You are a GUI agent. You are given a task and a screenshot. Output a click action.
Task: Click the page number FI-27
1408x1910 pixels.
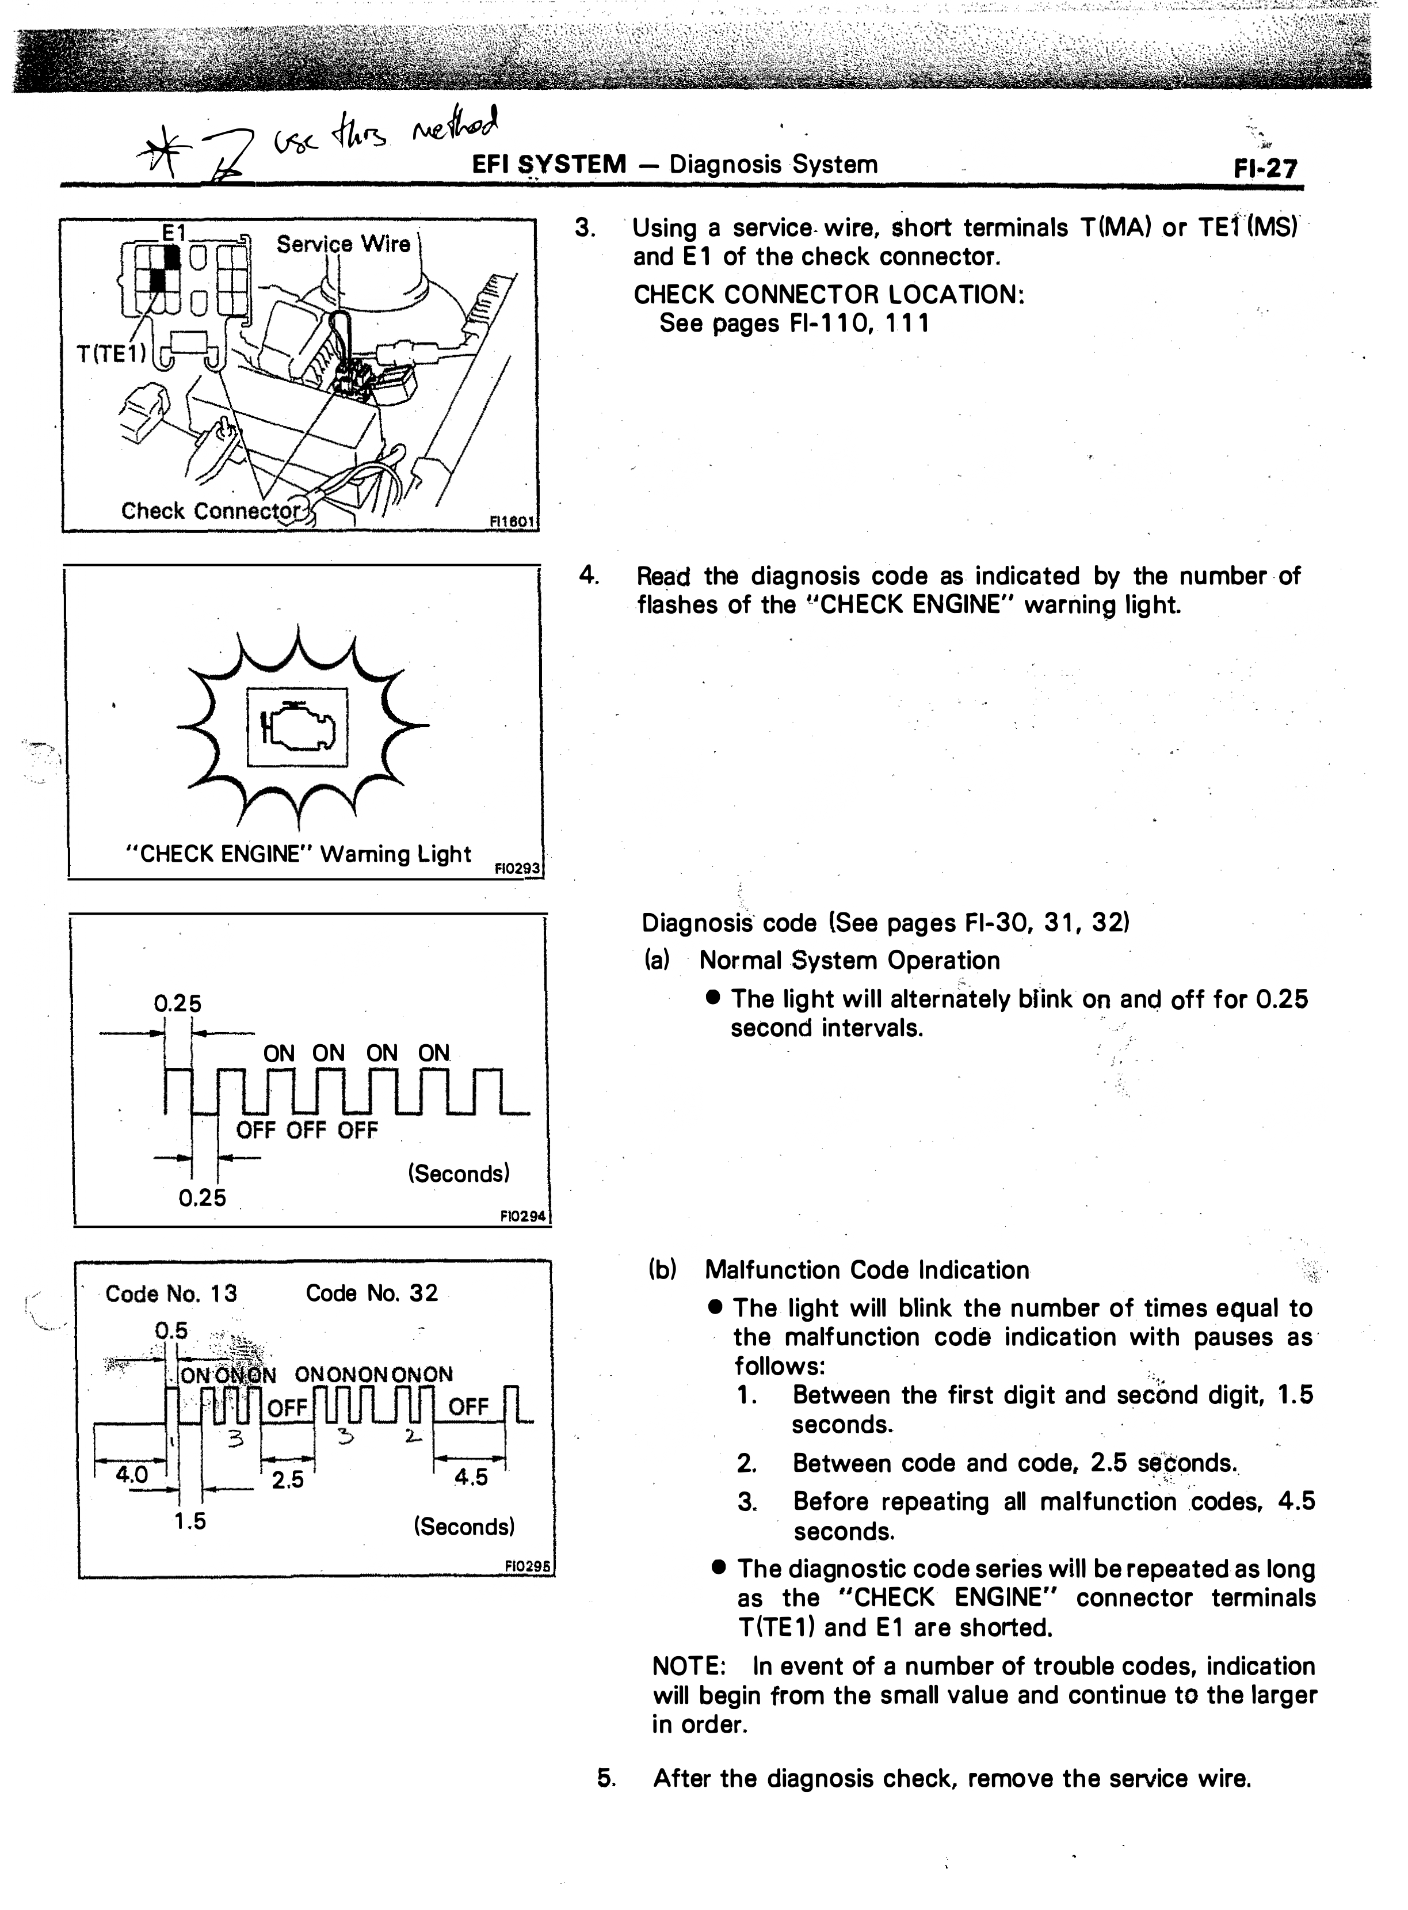(1265, 168)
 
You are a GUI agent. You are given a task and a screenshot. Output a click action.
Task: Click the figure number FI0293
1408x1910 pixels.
(517, 869)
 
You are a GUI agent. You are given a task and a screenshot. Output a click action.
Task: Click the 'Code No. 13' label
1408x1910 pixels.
(171, 1293)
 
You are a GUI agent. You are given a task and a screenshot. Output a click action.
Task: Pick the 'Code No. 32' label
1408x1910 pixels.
(372, 1293)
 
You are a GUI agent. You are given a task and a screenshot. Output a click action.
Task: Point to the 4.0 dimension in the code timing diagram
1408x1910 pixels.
(132, 1474)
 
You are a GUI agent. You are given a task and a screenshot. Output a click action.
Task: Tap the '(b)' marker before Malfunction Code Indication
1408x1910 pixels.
(662, 1270)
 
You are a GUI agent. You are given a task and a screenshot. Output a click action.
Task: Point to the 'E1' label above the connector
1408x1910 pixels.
(175, 232)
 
